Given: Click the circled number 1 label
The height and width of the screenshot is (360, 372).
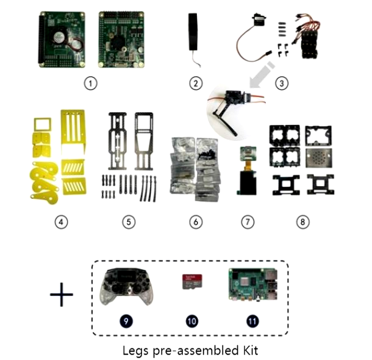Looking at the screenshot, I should click(x=90, y=84).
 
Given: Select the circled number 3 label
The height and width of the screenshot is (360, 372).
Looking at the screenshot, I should click(x=281, y=84).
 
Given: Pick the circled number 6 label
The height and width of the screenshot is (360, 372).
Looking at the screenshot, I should click(x=195, y=221).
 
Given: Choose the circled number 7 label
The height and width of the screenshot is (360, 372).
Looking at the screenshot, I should click(x=247, y=221).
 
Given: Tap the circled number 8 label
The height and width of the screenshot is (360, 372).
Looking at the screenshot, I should click(x=302, y=221).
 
